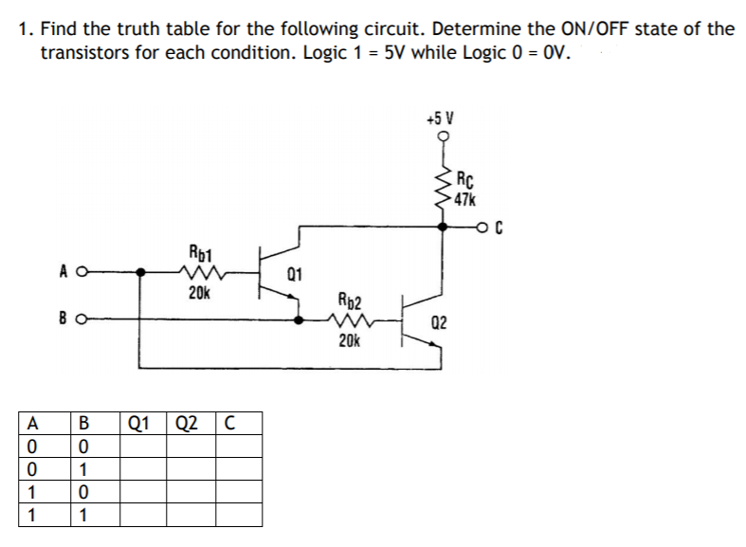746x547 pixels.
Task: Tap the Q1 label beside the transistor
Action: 294,276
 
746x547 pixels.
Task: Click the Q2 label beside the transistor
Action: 439,324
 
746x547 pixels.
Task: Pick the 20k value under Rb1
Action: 199,293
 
